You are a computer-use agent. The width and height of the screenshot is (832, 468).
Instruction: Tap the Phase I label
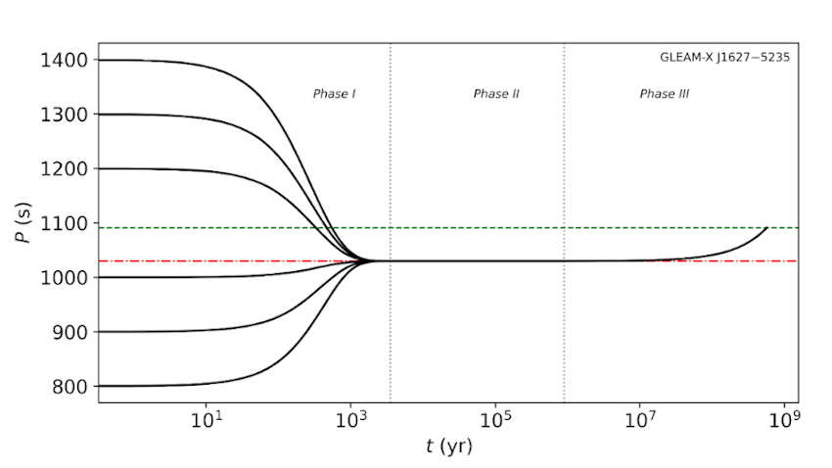point(334,94)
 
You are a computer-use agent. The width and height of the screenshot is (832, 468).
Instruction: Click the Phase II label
point(496,94)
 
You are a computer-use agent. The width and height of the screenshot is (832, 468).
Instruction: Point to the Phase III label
point(665,94)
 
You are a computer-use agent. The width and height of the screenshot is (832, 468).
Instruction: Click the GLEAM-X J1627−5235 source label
point(725,57)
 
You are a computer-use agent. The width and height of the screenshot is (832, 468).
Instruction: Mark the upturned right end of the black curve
point(766,228)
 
